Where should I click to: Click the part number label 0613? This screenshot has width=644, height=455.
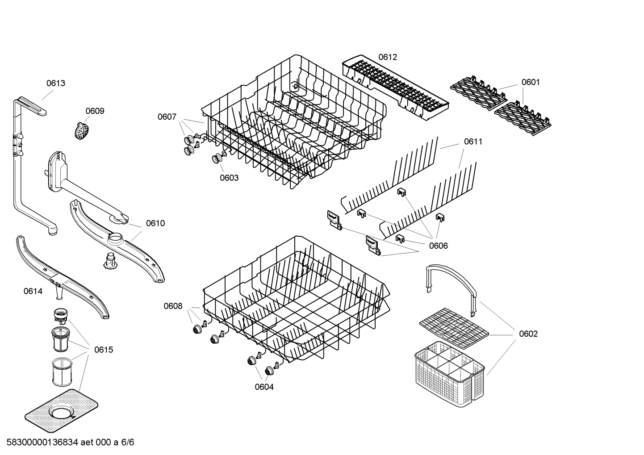tap(56, 83)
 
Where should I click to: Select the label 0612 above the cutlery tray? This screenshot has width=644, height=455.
tap(388, 57)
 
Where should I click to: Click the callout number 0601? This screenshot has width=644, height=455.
tap(531, 82)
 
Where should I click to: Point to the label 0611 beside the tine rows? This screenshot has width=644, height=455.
tap(473, 142)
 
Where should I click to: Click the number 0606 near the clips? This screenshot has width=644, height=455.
tap(438, 246)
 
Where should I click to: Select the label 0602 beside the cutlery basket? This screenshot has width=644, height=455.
tap(528, 334)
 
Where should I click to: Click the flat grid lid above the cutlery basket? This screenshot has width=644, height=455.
tap(454, 328)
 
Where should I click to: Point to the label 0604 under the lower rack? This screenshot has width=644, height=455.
tap(264, 387)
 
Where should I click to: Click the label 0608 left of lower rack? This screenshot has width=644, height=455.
tap(173, 306)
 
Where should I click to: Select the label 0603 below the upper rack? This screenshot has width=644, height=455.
tap(229, 178)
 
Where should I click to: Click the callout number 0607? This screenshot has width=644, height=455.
tap(167, 117)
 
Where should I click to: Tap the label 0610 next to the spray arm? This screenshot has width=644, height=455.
tap(155, 223)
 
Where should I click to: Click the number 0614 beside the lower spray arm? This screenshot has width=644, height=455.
tap(33, 291)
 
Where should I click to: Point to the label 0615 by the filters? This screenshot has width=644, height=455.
tap(104, 350)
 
